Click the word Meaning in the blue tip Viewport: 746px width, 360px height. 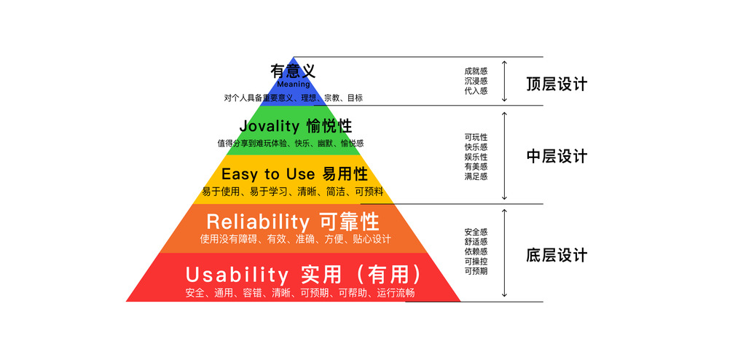(x=293, y=85)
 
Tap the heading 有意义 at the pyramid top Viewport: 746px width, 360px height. (x=293, y=71)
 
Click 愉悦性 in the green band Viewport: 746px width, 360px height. (x=329, y=126)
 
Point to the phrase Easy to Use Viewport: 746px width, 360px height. (x=268, y=174)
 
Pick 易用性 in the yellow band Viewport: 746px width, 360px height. (x=345, y=174)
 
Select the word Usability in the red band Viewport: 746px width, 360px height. (x=237, y=275)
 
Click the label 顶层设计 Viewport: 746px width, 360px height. (x=557, y=85)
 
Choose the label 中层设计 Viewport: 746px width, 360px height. (x=557, y=157)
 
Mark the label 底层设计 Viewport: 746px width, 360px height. (x=557, y=256)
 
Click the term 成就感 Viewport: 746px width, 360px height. (x=476, y=71)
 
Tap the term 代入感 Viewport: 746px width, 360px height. (x=476, y=90)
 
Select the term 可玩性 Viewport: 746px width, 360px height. (x=476, y=137)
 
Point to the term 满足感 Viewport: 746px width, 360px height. (x=476, y=176)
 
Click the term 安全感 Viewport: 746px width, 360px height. (x=476, y=232)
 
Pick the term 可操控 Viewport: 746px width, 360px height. (x=476, y=261)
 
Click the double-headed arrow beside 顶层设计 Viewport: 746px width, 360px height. (x=505, y=81)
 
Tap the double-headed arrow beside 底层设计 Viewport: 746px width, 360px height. (x=505, y=253)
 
